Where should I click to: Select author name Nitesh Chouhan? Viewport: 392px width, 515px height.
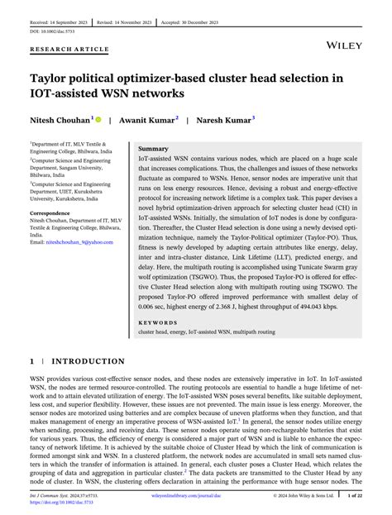click(x=60, y=119)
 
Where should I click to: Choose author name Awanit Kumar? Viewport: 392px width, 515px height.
click(x=148, y=119)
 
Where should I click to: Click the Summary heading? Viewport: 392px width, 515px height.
click(x=154, y=148)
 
